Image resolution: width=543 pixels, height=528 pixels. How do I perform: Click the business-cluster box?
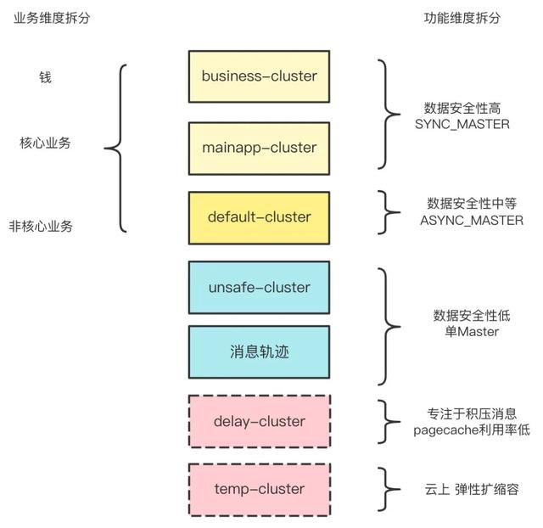click(259, 76)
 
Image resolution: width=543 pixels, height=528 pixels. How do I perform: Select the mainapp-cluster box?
click(259, 148)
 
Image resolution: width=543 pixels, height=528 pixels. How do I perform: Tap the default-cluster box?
click(259, 217)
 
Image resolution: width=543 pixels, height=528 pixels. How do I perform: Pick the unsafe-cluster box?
click(259, 288)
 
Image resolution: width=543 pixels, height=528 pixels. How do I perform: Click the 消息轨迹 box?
click(259, 351)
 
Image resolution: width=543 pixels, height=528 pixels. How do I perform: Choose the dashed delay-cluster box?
click(259, 421)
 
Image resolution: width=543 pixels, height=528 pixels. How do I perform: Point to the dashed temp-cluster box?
click(259, 489)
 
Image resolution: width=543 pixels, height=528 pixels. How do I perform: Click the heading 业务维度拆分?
click(51, 19)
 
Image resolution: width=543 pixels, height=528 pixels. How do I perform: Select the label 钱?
click(45, 77)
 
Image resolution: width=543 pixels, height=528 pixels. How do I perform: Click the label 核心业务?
click(45, 143)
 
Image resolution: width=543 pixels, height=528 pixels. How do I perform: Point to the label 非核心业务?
click(41, 227)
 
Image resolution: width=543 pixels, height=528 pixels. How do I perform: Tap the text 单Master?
click(472, 331)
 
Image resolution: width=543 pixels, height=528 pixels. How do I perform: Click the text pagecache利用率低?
click(471, 430)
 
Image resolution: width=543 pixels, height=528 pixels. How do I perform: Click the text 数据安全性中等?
click(472, 204)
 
